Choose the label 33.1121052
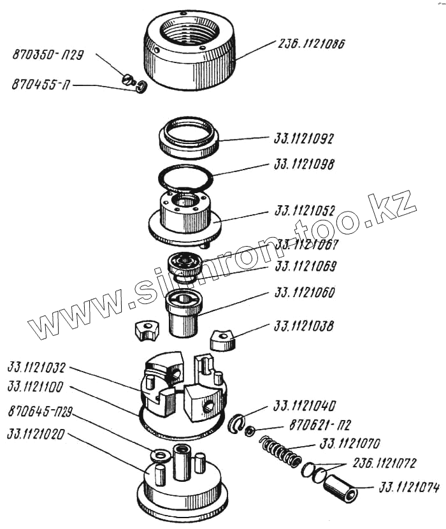305,210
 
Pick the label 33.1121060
305,294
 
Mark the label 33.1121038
305,326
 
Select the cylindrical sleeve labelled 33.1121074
339,488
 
